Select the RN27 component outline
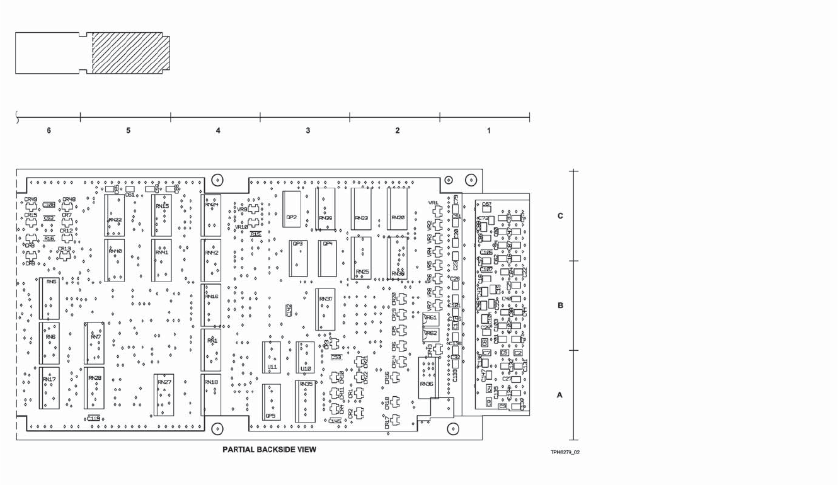pyautogui.click(x=164, y=395)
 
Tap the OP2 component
pyautogui.click(x=292, y=207)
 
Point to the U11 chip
pyautogui.click(x=272, y=358)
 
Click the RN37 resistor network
pyautogui.click(x=325, y=309)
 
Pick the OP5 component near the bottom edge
pyautogui.click(x=272, y=402)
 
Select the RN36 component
pyautogui.click(x=427, y=378)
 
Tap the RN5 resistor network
pyautogui.click(x=50, y=298)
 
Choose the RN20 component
pyautogui.click(x=398, y=207)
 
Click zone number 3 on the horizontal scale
pyautogui.click(x=307, y=131)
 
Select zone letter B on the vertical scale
pyautogui.click(x=560, y=306)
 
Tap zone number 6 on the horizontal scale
pyautogui.click(x=49, y=131)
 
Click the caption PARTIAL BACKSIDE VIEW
pyautogui.click(x=270, y=450)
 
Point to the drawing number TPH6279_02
pyautogui.click(x=565, y=452)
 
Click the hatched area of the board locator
pyautogui.click(x=129, y=53)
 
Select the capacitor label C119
pyautogui.click(x=94, y=418)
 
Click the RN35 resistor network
pyautogui.click(x=306, y=401)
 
